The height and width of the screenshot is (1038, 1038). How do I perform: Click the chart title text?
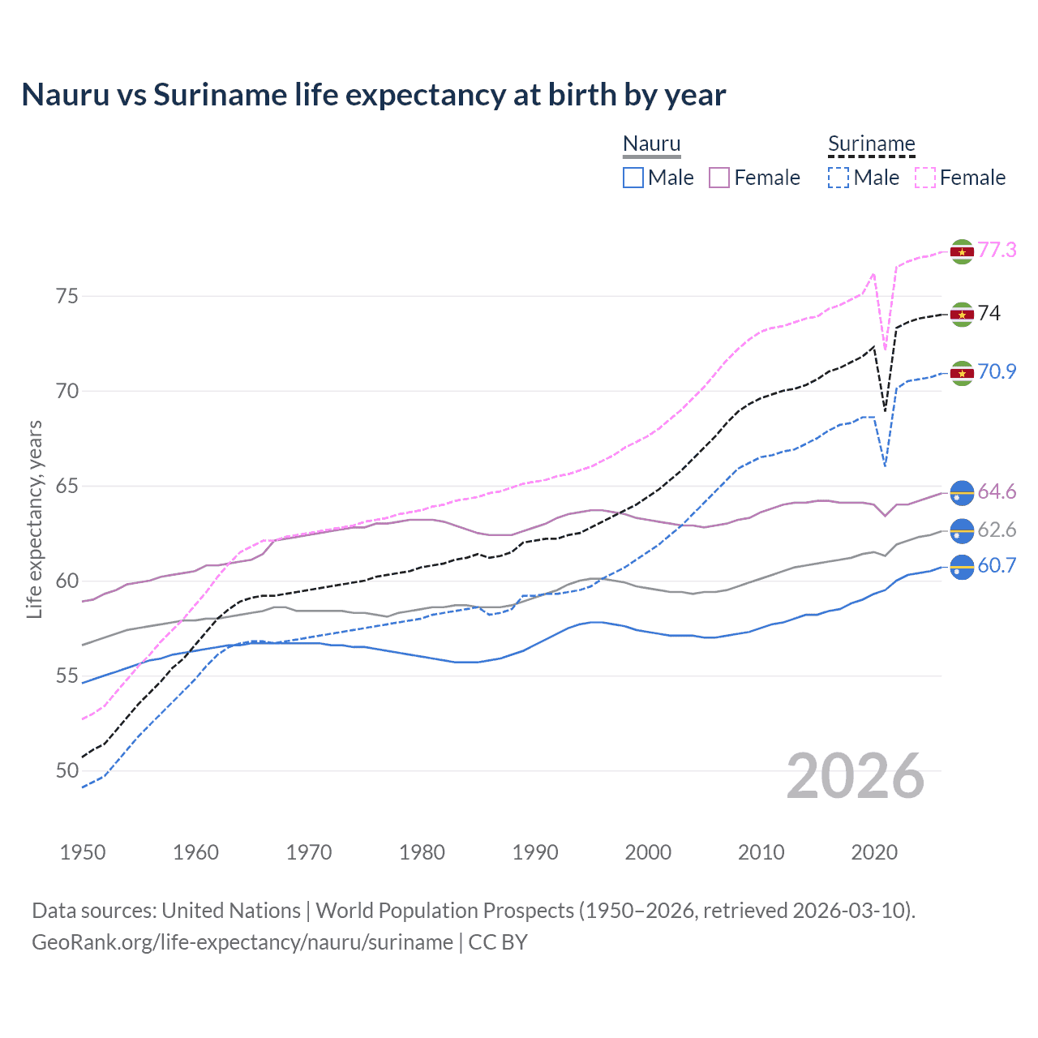(x=373, y=95)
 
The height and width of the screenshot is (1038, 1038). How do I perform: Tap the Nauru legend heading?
(x=651, y=144)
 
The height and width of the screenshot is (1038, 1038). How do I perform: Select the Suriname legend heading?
(x=871, y=144)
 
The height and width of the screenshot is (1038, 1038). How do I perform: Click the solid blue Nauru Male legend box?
(x=633, y=178)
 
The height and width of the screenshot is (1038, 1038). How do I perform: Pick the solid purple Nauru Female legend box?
(x=719, y=178)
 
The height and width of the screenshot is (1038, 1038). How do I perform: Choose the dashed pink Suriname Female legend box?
(x=925, y=178)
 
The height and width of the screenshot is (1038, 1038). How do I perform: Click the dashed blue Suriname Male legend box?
(x=839, y=178)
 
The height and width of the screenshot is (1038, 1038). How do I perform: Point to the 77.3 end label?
(x=997, y=250)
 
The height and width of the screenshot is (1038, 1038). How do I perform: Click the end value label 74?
(x=989, y=313)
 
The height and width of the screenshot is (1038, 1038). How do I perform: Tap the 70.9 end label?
(x=997, y=371)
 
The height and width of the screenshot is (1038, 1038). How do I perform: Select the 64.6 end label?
(x=997, y=491)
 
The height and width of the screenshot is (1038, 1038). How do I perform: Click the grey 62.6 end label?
(x=997, y=530)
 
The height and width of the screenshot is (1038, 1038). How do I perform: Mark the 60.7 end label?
(x=997, y=565)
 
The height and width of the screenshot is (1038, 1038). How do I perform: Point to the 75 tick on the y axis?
(x=67, y=296)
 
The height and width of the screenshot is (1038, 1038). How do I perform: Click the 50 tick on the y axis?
(x=67, y=770)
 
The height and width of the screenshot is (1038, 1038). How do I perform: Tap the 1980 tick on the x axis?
(x=422, y=852)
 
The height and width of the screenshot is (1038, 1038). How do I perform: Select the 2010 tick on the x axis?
(x=761, y=852)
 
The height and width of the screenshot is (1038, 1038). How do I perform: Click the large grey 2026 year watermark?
(x=855, y=776)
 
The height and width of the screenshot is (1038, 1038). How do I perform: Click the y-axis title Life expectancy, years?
(x=34, y=519)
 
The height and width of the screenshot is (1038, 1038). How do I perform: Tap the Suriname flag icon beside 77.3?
(x=962, y=252)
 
